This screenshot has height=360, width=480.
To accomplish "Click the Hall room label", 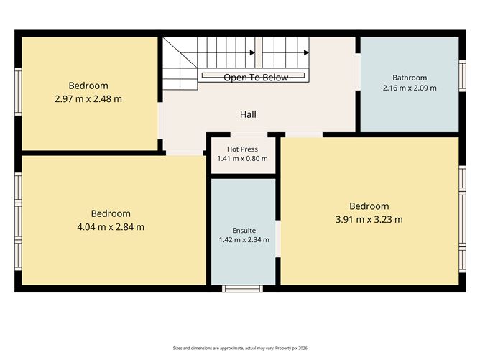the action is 248,114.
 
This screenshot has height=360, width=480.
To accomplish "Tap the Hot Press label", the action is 242,149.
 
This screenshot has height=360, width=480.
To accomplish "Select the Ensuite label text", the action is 244,230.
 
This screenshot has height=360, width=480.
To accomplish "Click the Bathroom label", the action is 410,78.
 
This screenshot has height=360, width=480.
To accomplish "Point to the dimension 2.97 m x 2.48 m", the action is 88,99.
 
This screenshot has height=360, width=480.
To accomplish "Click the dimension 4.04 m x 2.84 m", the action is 111,227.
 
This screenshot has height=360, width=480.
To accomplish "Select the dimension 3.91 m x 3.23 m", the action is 369,219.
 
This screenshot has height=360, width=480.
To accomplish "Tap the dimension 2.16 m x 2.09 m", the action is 410,88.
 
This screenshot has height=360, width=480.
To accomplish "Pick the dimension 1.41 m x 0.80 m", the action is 242,159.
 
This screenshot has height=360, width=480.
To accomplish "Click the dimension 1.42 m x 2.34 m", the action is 244,240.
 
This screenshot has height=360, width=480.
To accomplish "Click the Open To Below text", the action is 256,78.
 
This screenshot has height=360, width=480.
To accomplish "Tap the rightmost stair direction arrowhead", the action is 306,52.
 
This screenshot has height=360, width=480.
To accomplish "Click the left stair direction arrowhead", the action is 252,52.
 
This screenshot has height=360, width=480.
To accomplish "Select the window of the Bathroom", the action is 462,75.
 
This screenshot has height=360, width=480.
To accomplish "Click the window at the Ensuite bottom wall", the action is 242,288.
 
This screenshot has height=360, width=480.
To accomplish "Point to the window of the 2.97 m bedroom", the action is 19,92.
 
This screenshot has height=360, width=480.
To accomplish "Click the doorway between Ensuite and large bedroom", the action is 278,239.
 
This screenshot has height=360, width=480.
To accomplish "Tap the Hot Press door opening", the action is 249,135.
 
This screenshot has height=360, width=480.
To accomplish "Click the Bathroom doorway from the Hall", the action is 358,72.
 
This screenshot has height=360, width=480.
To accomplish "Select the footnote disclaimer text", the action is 240,348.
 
